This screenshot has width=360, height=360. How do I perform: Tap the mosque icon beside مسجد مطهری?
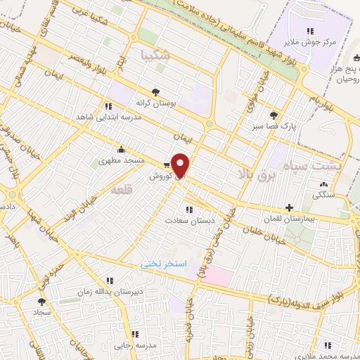pos(121,148)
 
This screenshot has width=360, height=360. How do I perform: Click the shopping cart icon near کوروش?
pos(166,164)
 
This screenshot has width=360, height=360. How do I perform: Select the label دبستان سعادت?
pos(188,220)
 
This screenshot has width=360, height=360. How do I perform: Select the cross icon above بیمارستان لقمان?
pos(289,207)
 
